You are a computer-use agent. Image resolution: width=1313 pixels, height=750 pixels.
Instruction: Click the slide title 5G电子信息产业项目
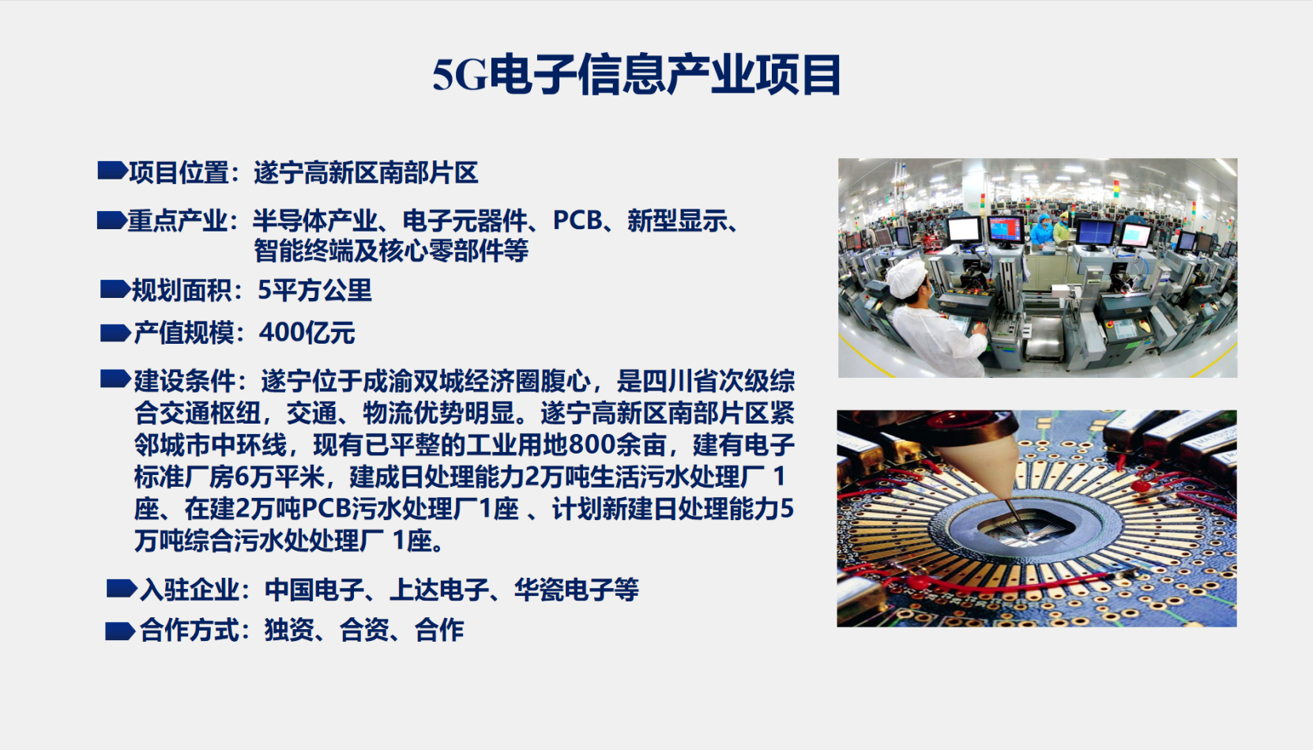point(637,75)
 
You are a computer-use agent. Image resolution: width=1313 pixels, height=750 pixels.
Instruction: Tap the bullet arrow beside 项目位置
point(112,171)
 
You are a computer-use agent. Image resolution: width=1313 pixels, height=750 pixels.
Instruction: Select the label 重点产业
point(178,221)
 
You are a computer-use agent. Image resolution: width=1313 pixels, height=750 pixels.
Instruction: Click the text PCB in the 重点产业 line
point(577,220)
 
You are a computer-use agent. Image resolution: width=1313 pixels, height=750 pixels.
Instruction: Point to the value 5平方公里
point(314,290)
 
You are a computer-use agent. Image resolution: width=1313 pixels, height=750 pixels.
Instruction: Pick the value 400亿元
point(307,333)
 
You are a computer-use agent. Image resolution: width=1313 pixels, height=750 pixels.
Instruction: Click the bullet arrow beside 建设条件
point(115,379)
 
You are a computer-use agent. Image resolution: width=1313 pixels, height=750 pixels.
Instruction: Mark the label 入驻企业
point(190,590)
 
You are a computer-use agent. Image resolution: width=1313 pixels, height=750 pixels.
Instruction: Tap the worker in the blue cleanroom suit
point(1041,231)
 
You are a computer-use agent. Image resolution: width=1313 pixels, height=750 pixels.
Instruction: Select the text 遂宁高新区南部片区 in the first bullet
point(366,173)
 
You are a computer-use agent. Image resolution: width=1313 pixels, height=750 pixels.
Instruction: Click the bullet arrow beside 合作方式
point(120,631)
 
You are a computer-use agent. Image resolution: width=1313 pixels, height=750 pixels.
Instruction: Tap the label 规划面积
point(182,290)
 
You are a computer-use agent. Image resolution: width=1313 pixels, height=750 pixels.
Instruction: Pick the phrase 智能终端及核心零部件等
point(391,251)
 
